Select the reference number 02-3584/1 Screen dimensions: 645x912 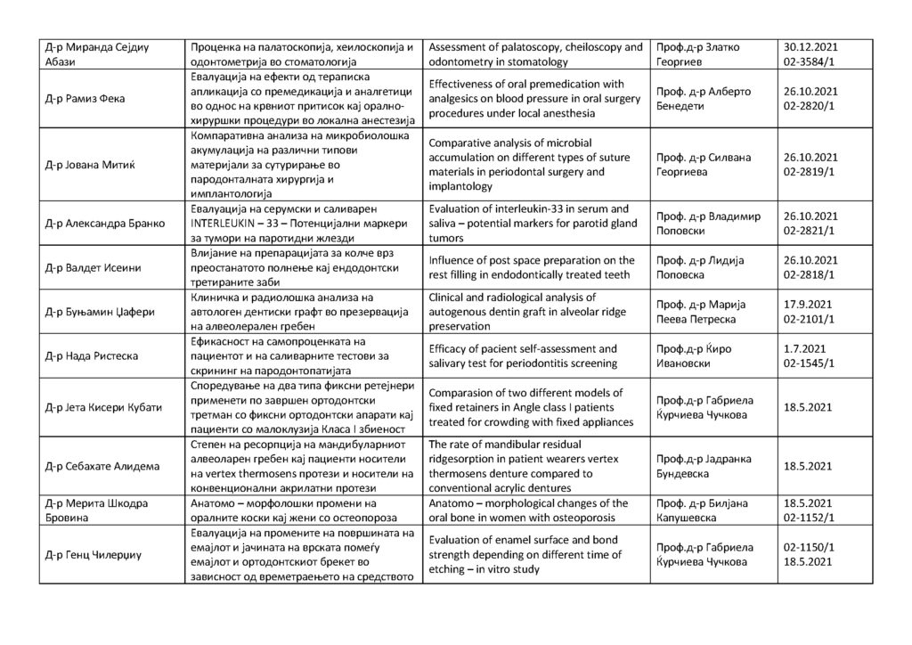click(x=810, y=62)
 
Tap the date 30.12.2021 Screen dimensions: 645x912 click(x=811, y=46)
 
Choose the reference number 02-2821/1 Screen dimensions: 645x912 click(x=810, y=231)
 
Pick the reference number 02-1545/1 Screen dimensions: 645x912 click(x=810, y=363)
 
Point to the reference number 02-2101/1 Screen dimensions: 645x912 click(x=810, y=318)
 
